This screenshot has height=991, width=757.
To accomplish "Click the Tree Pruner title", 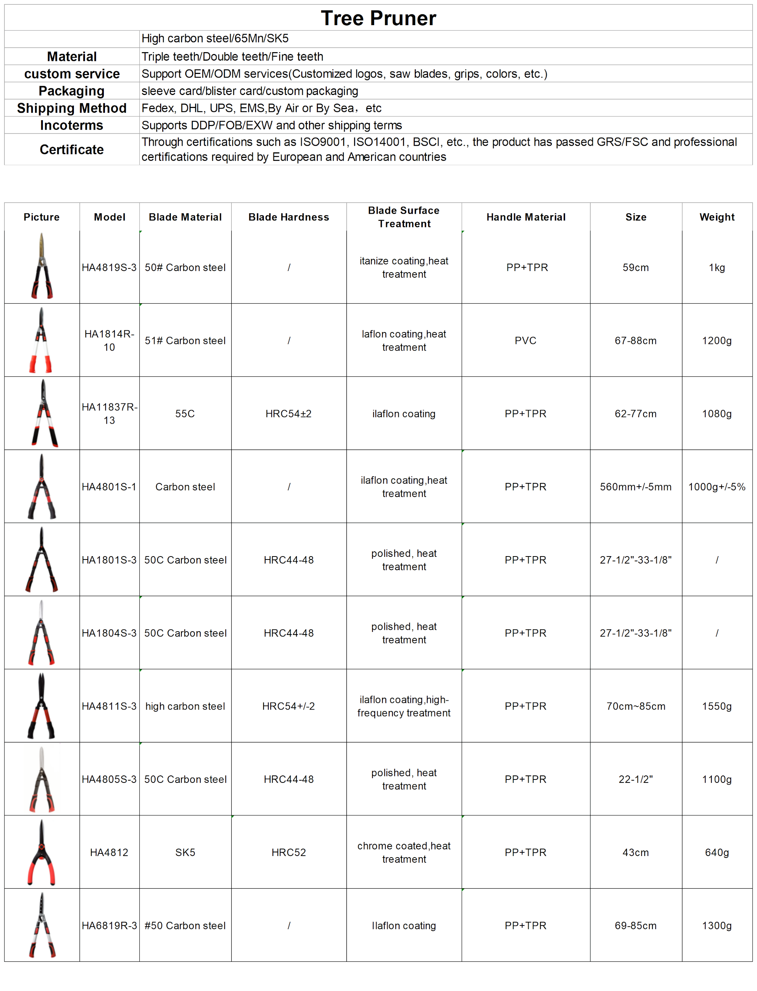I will pos(378,18).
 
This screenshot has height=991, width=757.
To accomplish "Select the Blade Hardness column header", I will pos(288,217).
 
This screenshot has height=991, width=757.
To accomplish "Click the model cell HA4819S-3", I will pos(109,267).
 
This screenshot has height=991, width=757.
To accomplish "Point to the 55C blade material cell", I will pos(185,413).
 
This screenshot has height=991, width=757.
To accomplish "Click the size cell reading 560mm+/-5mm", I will pos(635,487).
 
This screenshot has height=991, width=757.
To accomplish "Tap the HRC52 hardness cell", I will pos(288,852).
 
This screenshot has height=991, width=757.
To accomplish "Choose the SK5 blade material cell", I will pos(185,852).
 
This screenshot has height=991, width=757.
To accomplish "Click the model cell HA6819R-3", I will pos(109,925).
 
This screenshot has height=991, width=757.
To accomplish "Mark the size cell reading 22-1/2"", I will pos(635,779).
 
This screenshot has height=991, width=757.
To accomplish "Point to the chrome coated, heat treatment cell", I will pos(404,852).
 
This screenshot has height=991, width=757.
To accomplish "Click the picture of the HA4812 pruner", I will pos(41,852).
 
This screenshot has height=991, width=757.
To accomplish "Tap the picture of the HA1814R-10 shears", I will pos(41,340).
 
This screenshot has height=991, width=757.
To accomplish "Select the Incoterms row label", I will pos(72,125).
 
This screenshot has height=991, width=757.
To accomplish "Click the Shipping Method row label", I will pos(72,108).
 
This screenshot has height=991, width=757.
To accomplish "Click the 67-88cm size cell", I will pos(635,340).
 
